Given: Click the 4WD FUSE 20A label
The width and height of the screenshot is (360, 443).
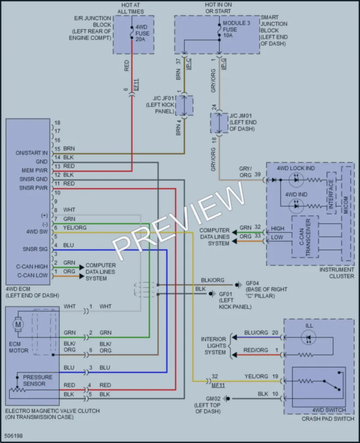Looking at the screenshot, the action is [x=142, y=33].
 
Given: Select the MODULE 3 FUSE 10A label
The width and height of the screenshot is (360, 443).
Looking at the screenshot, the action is [x=236, y=29].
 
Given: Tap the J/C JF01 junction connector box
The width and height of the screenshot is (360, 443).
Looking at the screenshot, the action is [x=184, y=105].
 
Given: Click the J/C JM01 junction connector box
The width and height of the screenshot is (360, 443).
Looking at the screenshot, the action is [x=219, y=123].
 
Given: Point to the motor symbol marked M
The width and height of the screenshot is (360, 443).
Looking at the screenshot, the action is [x=18, y=324].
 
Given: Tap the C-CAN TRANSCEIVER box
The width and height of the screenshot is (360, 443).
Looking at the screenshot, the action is [x=305, y=237].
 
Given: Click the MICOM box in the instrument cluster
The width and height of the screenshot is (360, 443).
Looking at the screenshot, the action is [x=346, y=213].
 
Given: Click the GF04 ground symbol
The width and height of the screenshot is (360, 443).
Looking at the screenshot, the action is [x=239, y=285].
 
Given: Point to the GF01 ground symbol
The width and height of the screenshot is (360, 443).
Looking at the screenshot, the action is [x=213, y=294].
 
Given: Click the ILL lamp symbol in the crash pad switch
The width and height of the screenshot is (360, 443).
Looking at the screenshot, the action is [x=308, y=337].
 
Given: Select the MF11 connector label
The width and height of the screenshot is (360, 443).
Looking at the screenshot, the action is [x=218, y=385].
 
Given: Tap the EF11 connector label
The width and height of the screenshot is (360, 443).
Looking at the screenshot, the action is [x=136, y=84].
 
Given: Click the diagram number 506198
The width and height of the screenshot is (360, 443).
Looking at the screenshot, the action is [x=14, y=436].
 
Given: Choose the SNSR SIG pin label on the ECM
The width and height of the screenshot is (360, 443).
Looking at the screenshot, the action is [x=35, y=249].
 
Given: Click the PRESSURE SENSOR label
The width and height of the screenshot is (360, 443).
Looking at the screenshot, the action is [x=38, y=380].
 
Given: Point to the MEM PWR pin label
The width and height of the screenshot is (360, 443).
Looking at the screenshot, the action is [x=35, y=171].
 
